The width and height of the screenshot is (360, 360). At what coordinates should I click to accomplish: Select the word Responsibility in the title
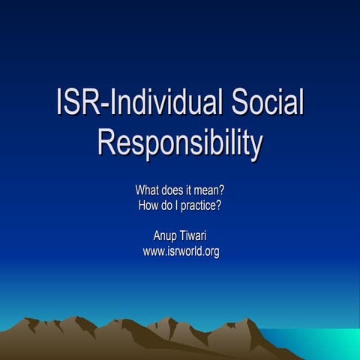180,142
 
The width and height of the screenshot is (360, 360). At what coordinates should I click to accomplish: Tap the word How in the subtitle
150,205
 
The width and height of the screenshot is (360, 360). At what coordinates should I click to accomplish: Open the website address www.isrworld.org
181,251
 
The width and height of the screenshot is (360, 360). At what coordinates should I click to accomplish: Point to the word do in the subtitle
169,205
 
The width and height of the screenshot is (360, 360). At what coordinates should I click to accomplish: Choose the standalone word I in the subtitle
178,205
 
